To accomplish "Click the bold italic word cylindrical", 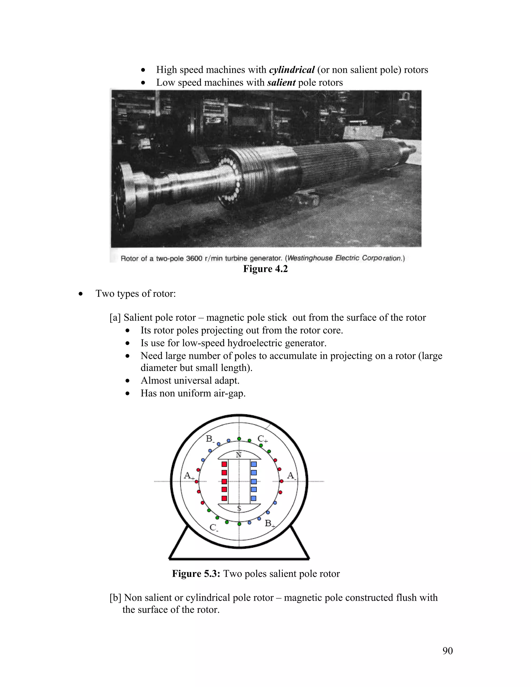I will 292,69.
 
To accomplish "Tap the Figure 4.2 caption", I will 265,269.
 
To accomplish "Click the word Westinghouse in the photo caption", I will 310,258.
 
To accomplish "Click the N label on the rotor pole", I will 239,455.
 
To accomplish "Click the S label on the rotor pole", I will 239,509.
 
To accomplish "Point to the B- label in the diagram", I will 210,439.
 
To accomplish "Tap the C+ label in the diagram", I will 262,439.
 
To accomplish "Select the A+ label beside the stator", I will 189,476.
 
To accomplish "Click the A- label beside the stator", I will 291,476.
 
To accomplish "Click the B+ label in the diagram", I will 269,523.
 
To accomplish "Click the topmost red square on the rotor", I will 224,464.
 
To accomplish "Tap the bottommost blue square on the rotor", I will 254,498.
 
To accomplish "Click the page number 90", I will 447,650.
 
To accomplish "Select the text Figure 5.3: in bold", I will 196,573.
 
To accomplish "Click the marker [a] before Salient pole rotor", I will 115,318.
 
